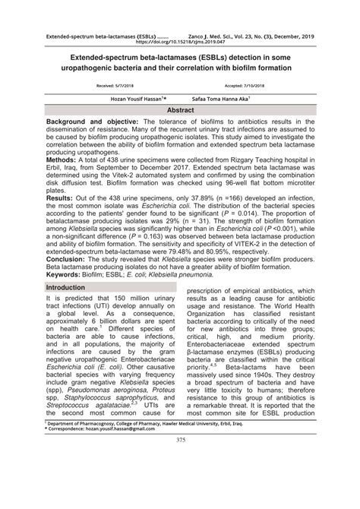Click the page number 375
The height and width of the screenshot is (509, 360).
coord(180,482)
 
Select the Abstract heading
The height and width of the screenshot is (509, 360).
coord(180,109)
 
